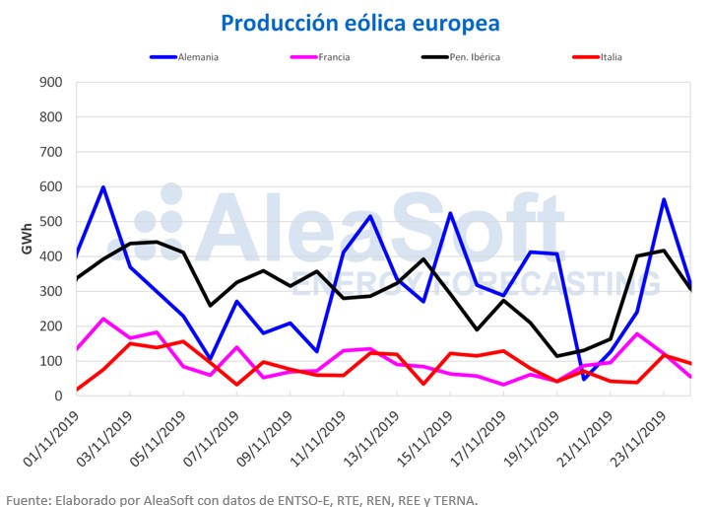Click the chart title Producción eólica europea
[x=359, y=22]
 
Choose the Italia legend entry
[x=609, y=57]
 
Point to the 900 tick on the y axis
[x=50, y=83]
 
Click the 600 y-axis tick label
[x=50, y=187]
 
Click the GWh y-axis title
[x=27, y=239]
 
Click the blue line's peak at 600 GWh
[x=103, y=187]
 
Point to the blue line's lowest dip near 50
[x=584, y=379]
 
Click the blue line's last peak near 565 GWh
[x=664, y=199]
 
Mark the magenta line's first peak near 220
[x=103, y=319]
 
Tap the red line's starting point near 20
[x=77, y=390]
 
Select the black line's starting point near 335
[x=77, y=279]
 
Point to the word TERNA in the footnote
[x=456, y=499]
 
